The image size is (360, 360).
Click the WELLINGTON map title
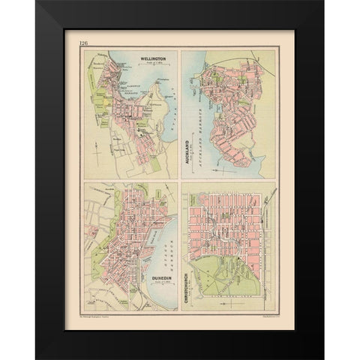[x=155, y=58]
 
